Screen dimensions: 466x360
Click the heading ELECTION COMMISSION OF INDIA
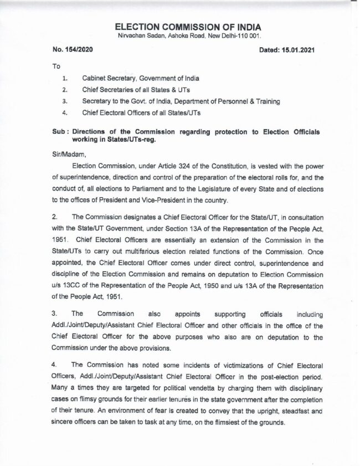pos(188,27)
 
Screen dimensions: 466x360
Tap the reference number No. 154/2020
pos(69,50)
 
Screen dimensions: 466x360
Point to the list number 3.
pos(65,101)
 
